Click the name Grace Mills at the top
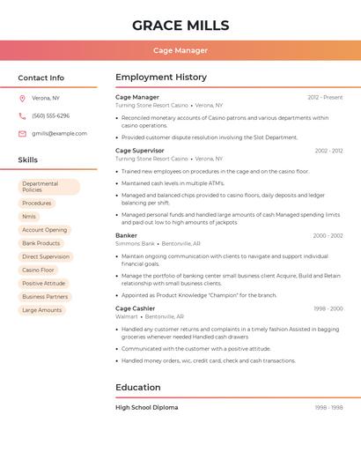(x=180, y=26)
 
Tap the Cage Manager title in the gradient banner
(x=180, y=50)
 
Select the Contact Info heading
(x=41, y=78)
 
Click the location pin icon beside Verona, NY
(x=22, y=98)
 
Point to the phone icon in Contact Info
(x=22, y=115)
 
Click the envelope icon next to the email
(x=22, y=134)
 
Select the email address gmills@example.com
(x=59, y=134)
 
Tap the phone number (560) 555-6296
(x=50, y=115)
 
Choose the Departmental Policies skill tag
(x=48, y=187)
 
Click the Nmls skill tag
(x=29, y=216)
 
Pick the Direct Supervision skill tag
(x=46, y=256)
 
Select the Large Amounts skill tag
(x=41, y=310)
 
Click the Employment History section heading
(x=161, y=78)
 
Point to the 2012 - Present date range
(x=325, y=97)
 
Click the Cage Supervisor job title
(x=140, y=151)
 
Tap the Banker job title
(x=126, y=236)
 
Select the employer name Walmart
(x=126, y=316)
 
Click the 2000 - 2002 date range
(x=328, y=236)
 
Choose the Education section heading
(x=138, y=388)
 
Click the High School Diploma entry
(x=147, y=408)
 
